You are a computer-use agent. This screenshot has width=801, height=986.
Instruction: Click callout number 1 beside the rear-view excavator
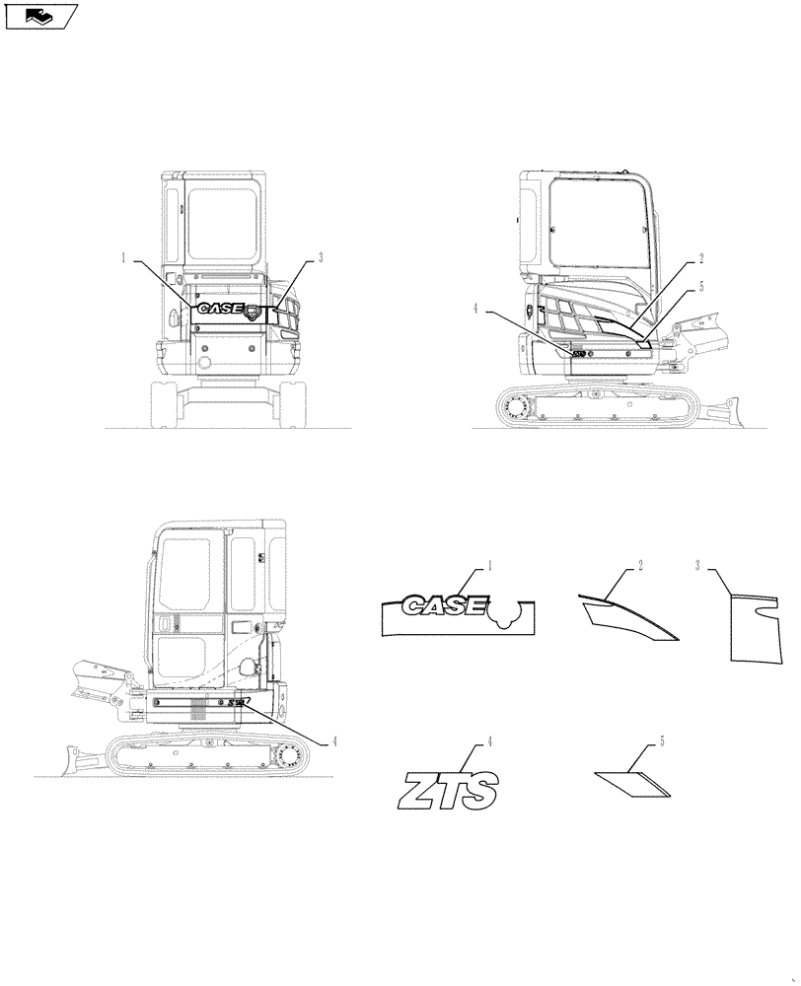[124, 258]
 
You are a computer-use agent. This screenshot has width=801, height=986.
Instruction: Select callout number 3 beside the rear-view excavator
[321, 258]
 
